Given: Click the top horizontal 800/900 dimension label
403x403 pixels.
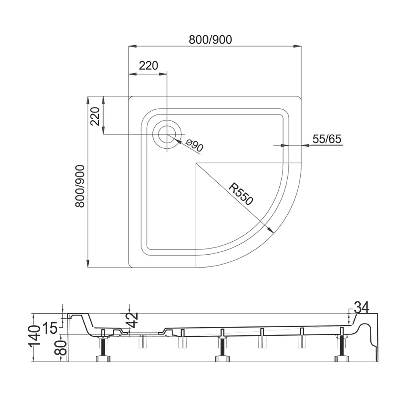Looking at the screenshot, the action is (x=210, y=39).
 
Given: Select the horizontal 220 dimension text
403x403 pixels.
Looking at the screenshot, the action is (x=149, y=66).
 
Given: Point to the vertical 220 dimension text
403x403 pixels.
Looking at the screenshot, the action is (x=95, y=116).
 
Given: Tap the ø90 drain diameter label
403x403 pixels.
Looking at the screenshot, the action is (x=195, y=145).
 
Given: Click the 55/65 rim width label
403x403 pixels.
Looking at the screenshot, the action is (x=327, y=139).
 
